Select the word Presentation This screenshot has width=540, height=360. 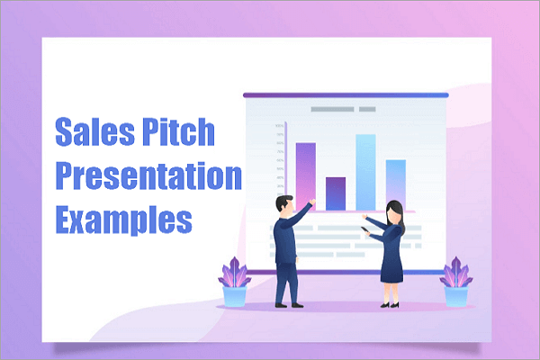click(x=149, y=176)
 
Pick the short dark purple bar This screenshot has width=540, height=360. click(x=336, y=193)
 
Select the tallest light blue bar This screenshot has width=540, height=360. click(x=364, y=171)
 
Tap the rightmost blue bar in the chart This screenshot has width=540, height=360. click(x=396, y=184)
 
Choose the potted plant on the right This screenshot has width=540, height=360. click(x=455, y=283)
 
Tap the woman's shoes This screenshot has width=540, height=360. click(x=390, y=304)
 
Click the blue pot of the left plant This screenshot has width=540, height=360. click(x=236, y=296)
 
